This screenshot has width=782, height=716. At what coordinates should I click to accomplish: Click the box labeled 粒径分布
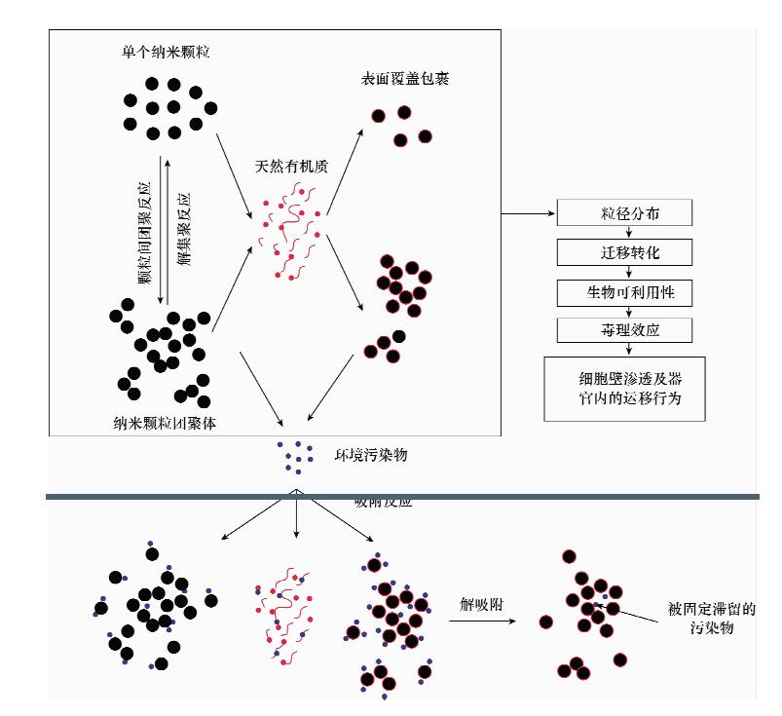point(623,213)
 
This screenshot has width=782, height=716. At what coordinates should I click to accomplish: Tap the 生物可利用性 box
point(623,291)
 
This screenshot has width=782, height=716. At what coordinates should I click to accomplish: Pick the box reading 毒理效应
point(623,329)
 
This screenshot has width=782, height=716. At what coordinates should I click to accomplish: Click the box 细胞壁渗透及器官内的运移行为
point(623,388)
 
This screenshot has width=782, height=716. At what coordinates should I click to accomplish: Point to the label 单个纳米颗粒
point(165,50)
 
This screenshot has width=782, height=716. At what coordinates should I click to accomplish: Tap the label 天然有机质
point(291,167)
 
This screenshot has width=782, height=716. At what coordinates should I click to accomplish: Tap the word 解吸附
point(481,601)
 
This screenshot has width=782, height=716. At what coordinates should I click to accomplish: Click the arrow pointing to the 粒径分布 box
point(529,212)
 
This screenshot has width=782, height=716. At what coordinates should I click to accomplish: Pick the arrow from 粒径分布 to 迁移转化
point(623,233)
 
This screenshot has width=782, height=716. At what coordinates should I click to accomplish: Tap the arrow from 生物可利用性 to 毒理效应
point(623,311)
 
